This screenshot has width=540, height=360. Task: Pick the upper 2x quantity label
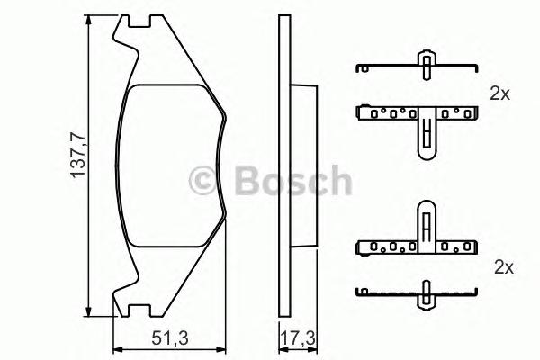499,93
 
